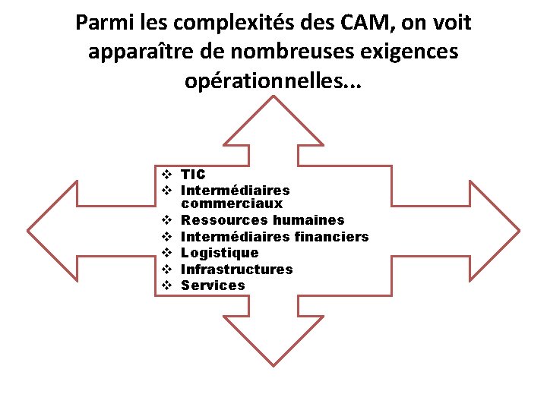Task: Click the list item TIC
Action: [193, 174]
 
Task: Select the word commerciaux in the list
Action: [232, 203]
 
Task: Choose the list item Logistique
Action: [220, 253]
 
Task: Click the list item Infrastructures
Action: [236, 270]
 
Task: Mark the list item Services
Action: [213, 285]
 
